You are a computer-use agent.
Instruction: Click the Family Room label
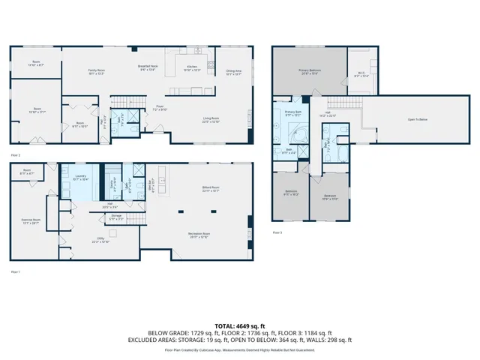click(96, 71)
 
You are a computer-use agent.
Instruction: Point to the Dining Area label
click(233, 72)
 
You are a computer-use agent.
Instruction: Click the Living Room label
click(211, 119)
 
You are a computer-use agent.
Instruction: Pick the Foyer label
click(160, 108)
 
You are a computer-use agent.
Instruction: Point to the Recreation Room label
click(198, 235)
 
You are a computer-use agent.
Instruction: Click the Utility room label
click(100, 241)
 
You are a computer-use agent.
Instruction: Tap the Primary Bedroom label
click(310, 72)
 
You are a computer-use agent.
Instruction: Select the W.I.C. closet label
click(361, 74)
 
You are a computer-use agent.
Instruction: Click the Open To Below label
click(418, 119)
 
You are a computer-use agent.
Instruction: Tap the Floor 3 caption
click(277, 233)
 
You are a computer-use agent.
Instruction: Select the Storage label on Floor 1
click(115, 217)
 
